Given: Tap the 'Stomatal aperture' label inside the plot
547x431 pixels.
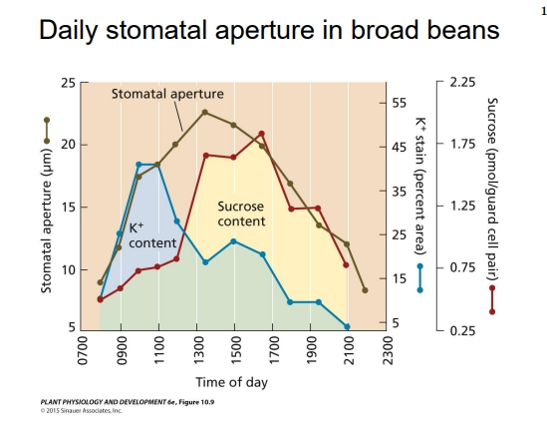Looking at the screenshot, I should coord(167,94).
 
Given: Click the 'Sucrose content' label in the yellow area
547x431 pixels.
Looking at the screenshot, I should coord(241,214).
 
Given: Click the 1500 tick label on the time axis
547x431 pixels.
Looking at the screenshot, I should coord(233,349).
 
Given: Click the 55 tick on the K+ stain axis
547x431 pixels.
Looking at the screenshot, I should coord(399,103).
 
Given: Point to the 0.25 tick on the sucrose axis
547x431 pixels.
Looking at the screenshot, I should coord(461,330).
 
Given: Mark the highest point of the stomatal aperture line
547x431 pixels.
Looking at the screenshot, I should coord(204,112).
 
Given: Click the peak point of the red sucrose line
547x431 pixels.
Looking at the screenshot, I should coord(261,134).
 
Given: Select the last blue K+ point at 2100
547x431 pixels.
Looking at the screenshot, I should coord(347,326).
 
